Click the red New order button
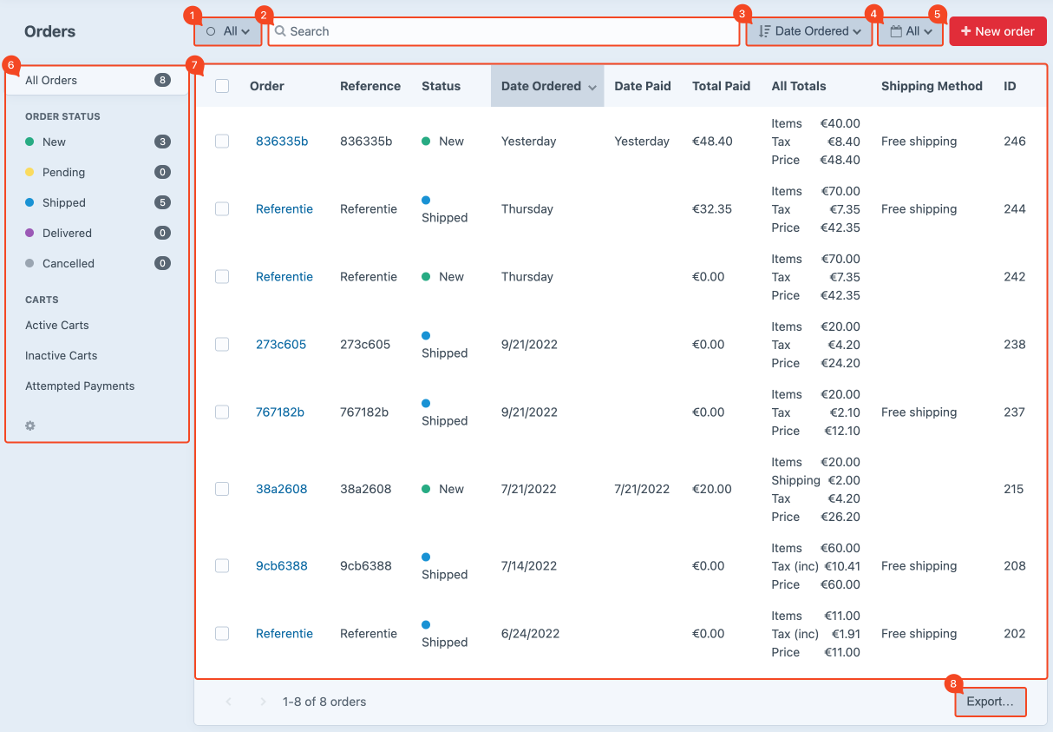[x=997, y=31]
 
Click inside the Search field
[x=503, y=31]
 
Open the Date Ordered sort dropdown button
[x=809, y=31]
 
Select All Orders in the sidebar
[x=51, y=80]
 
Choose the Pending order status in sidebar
[x=63, y=172]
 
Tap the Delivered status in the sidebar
[x=67, y=233]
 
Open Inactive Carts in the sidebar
[x=61, y=355]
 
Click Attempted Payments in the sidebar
[x=80, y=386]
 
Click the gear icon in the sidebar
[x=30, y=425]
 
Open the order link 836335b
[x=282, y=142]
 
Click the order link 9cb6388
[x=282, y=566]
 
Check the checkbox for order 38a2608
[x=222, y=489]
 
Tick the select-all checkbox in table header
[x=222, y=86]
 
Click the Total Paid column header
[x=721, y=86]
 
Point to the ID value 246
[x=1014, y=142]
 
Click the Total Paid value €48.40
[x=712, y=142]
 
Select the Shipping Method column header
[x=932, y=86]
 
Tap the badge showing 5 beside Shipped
[x=162, y=202]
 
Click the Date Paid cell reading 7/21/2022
[x=642, y=489]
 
